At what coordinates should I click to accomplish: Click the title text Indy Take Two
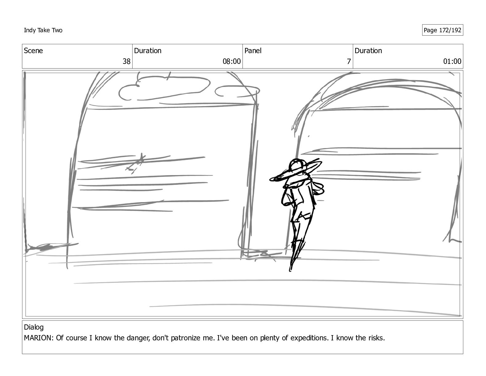point(43,30)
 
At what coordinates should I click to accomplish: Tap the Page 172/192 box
point(442,30)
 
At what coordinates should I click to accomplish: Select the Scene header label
point(33,51)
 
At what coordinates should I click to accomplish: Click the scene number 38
point(126,61)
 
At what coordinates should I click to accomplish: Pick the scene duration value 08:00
point(231,61)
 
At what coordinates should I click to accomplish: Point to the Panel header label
point(253,51)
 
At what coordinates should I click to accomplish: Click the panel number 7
point(349,61)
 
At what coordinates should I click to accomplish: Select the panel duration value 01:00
point(452,61)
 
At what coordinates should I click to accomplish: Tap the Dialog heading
point(34,327)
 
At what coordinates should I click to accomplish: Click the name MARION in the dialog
point(37,338)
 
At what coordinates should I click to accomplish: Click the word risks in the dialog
point(376,338)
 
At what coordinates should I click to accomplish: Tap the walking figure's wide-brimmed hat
point(296,170)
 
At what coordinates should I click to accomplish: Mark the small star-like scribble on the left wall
point(136,163)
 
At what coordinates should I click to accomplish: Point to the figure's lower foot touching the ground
point(291,268)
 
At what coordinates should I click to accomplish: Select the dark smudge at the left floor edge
point(42,247)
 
